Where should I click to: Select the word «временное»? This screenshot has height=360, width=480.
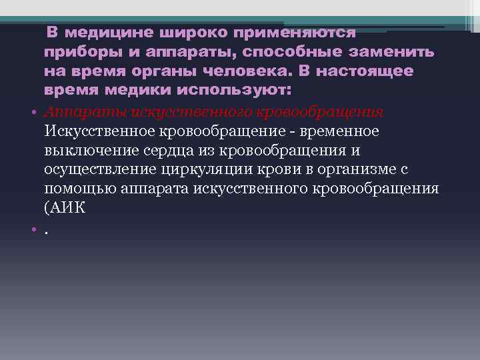(x=341, y=131)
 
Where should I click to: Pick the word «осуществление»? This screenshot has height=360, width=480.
(x=103, y=169)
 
